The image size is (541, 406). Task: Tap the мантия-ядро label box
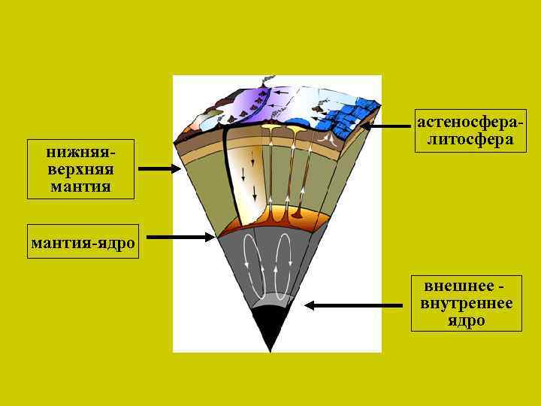click(83, 241)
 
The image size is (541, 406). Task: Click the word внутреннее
click(467, 304)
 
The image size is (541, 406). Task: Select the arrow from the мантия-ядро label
click(180, 238)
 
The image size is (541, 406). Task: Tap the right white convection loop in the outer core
click(283, 267)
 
